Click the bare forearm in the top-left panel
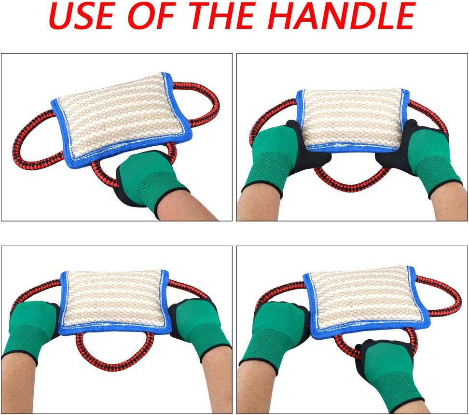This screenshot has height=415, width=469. pos(188,205)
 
